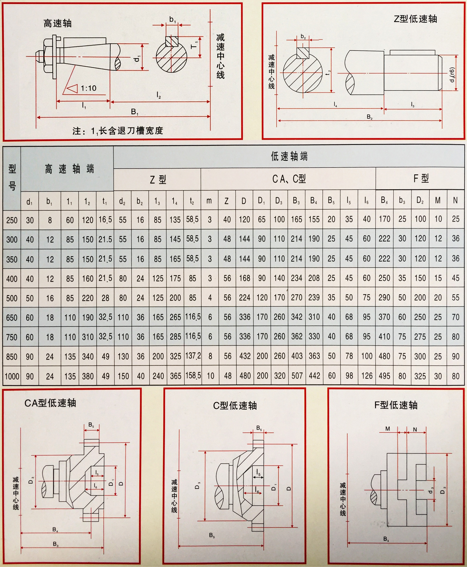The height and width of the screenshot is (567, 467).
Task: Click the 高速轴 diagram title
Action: point(58,24)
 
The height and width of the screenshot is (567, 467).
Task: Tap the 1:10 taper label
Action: point(89,88)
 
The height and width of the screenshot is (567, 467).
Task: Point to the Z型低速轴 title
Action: point(415,19)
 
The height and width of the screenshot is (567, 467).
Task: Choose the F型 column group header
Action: point(421,178)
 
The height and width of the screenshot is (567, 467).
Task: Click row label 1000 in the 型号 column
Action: point(12,376)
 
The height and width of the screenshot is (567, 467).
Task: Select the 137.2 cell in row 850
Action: point(193,356)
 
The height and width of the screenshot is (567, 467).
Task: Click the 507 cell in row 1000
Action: point(297,376)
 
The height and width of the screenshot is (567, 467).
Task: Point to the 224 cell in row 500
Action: point(245,298)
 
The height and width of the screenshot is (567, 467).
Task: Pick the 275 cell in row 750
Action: point(420,336)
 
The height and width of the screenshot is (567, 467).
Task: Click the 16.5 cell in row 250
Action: point(105,220)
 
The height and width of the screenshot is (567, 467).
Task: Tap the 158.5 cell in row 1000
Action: point(193,376)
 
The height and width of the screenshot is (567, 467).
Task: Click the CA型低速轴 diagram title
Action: point(50,403)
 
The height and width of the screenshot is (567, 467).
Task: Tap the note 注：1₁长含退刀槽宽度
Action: point(118,131)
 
